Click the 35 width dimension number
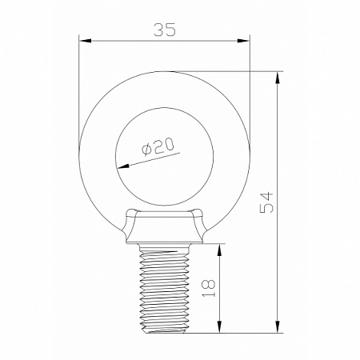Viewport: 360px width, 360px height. [x=164, y=29]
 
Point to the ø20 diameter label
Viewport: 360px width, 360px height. [x=158, y=147]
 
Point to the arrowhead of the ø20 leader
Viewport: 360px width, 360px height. [x=121, y=167]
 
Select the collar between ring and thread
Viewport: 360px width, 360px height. [x=164, y=228]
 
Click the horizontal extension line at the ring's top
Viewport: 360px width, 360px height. [x=232, y=71]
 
